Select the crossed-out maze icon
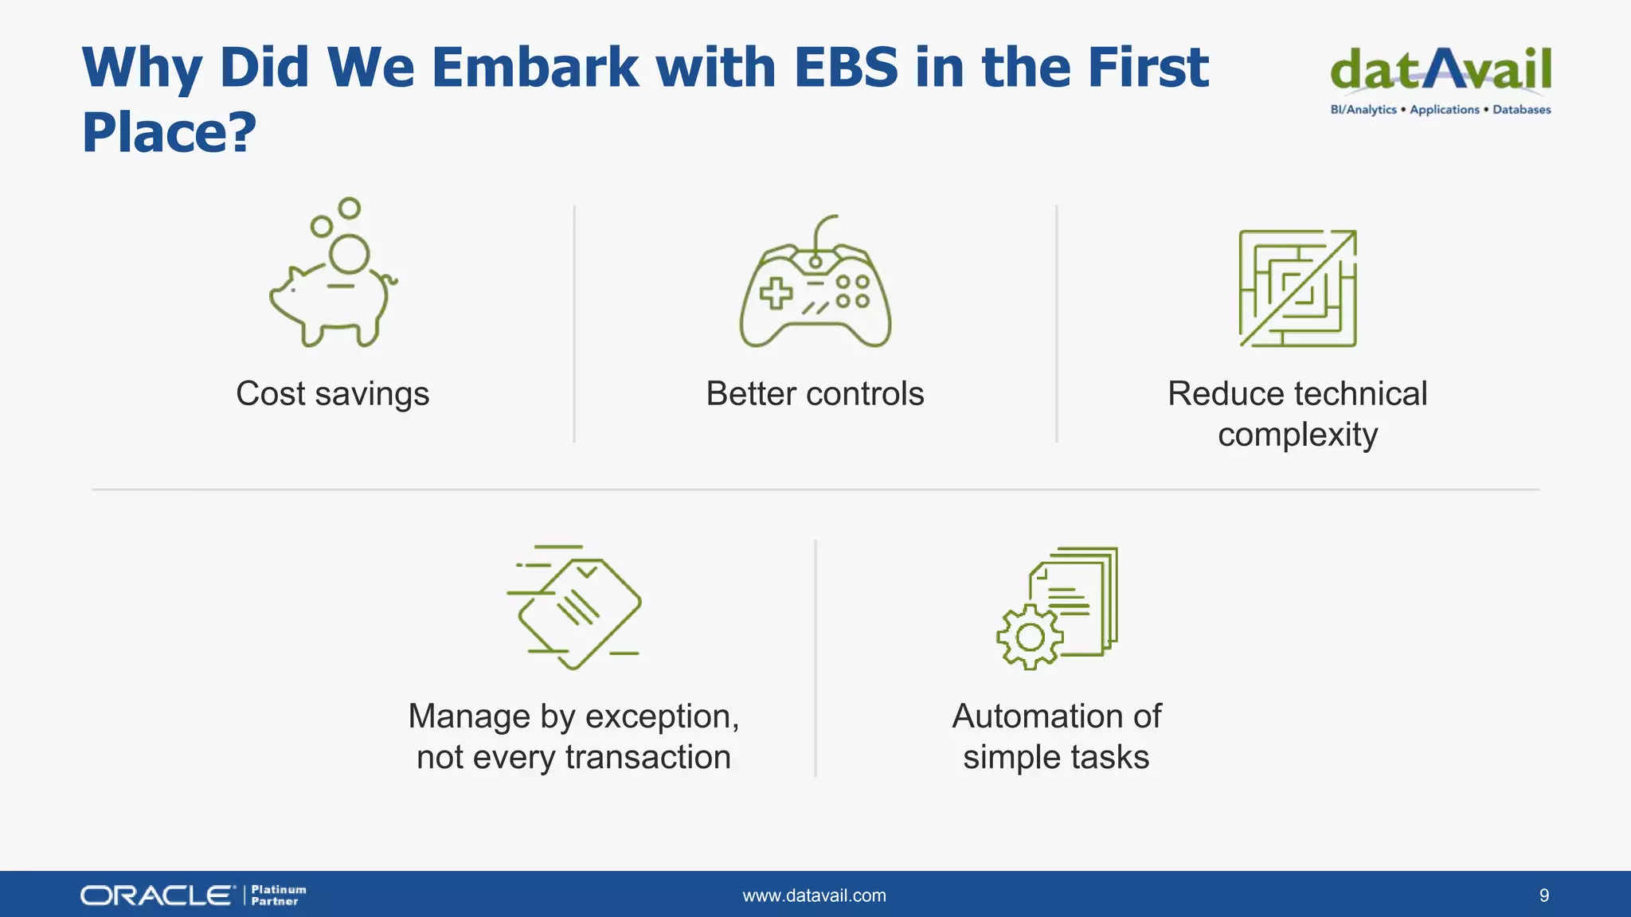click(x=1297, y=288)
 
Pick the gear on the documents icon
click(x=1030, y=637)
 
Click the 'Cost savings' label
click(x=332, y=394)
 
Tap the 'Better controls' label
click(x=815, y=394)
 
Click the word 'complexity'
click(x=1297, y=435)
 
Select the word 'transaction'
click(x=647, y=757)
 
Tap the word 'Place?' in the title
click(x=169, y=132)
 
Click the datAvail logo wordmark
click(x=1440, y=70)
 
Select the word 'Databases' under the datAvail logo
click(x=1521, y=110)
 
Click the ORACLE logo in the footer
click(x=158, y=896)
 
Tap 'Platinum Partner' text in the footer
click(x=278, y=896)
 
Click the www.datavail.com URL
click(x=814, y=896)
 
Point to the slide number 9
click(x=1543, y=896)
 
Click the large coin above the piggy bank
click(x=350, y=255)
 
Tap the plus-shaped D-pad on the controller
click(x=776, y=293)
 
